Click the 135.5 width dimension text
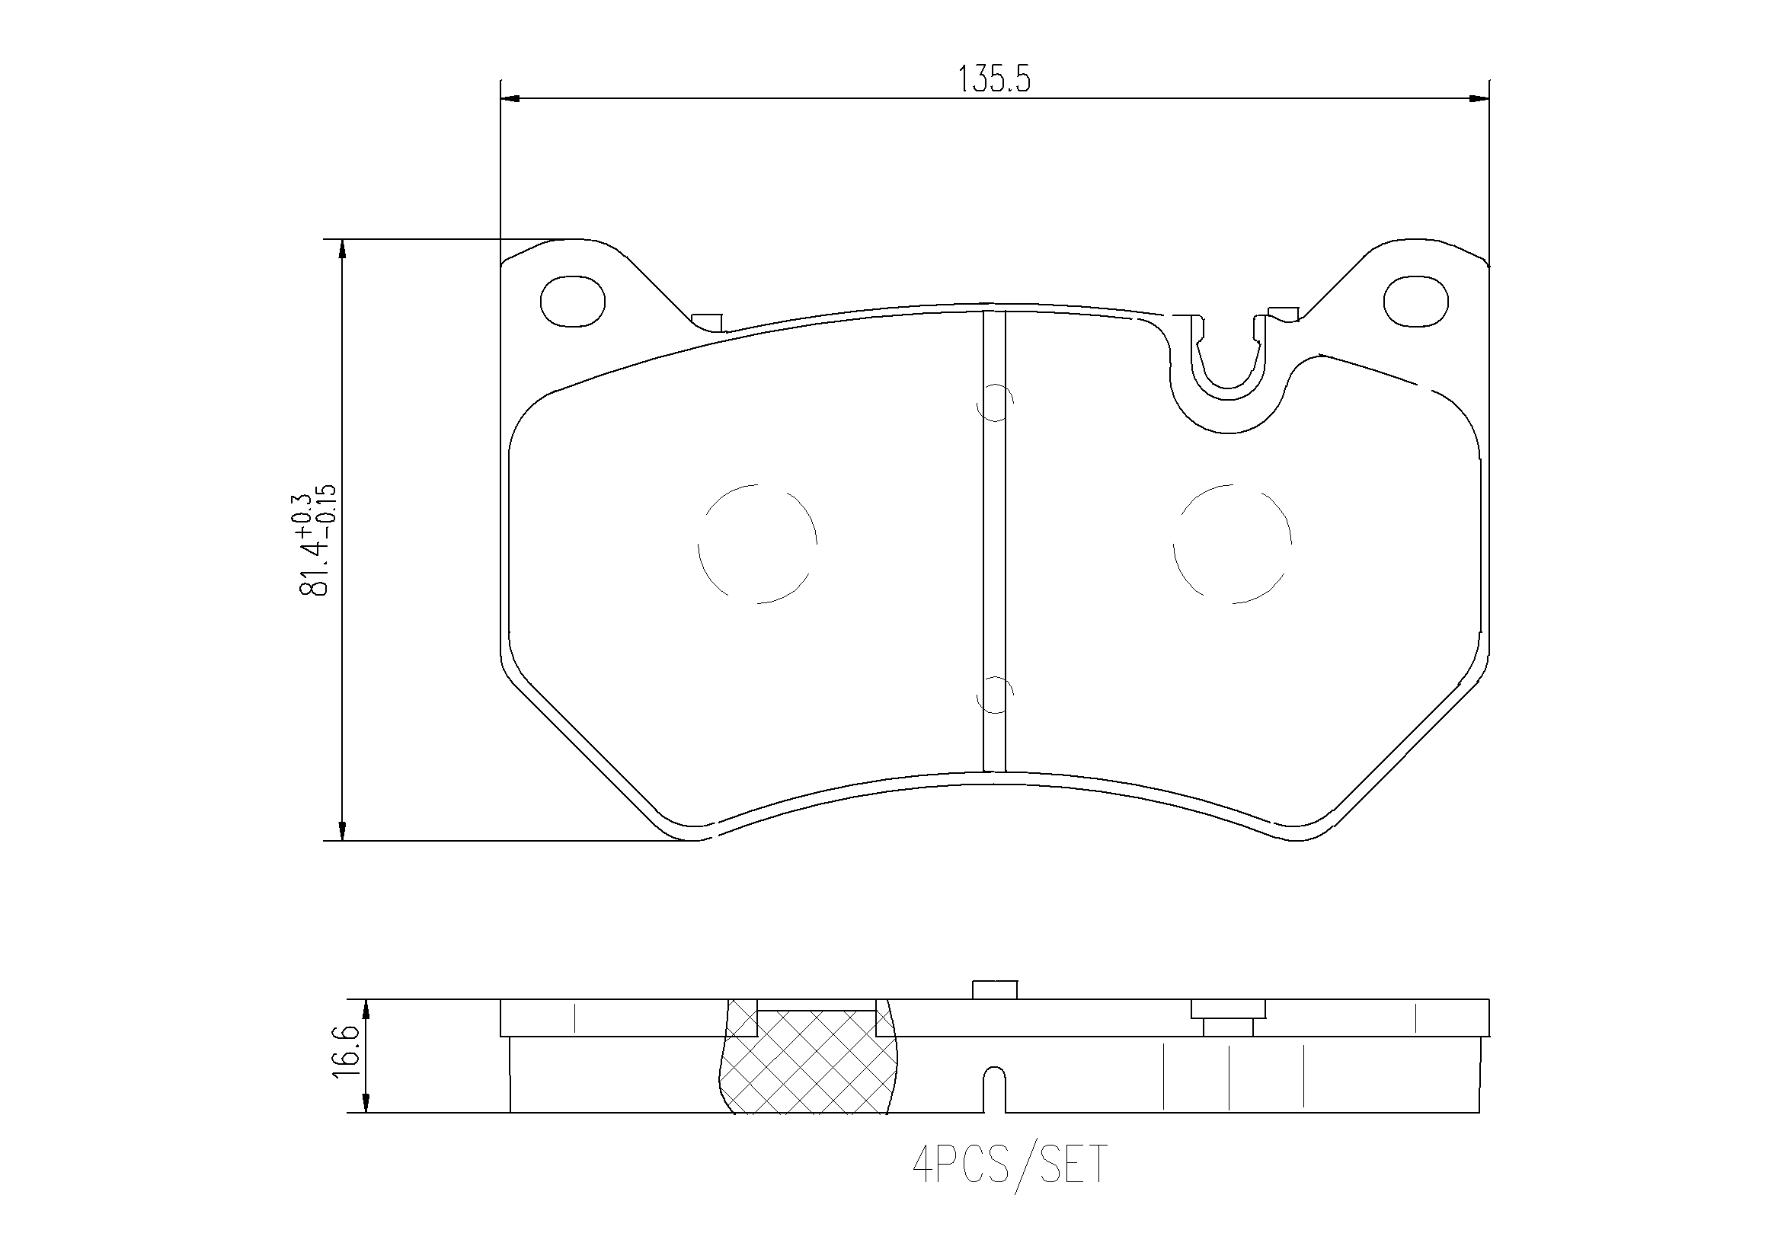(994, 79)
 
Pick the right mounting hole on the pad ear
(1416, 301)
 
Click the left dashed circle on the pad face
(757, 544)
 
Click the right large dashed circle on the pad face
(1232, 544)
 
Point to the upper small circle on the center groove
(994, 402)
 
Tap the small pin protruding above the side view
(994, 989)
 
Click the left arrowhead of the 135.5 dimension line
(510, 98)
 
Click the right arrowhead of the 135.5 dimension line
(1480, 98)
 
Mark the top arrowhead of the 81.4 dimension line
(342, 250)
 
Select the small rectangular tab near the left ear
(707, 321)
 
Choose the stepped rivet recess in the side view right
(1228, 1017)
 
